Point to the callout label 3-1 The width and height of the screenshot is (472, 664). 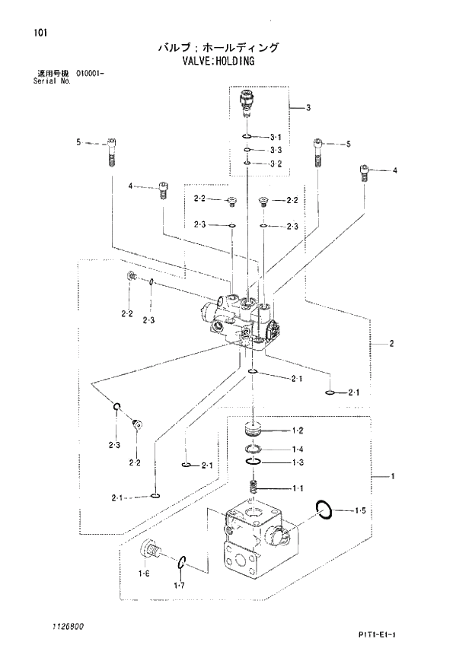pos(276,137)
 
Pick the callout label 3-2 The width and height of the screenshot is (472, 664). pos(276,164)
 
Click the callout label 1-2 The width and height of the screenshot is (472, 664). pos(297,430)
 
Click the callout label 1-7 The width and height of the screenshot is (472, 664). pos(179,585)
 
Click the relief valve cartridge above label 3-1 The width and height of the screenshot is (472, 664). pos(247,105)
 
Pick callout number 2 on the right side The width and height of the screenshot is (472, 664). pos(391,344)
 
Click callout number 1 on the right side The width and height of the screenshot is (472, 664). pos(391,477)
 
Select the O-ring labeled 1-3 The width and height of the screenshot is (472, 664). pos(254,462)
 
